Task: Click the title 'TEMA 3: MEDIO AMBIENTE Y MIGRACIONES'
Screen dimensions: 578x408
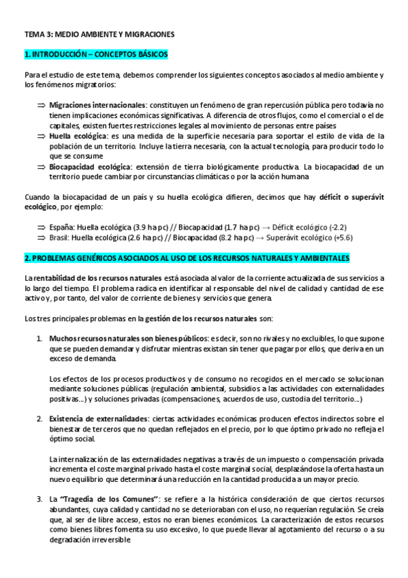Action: coord(99,33)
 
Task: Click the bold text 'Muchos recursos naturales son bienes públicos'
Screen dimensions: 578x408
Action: coord(129,338)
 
